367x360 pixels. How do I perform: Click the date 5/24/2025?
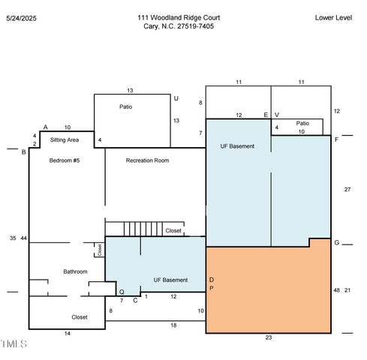tap(21, 18)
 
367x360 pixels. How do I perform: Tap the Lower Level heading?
tap(333, 18)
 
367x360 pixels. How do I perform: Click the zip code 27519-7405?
tap(195, 26)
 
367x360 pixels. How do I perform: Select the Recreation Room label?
tap(147, 160)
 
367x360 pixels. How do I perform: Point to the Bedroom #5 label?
tap(65, 160)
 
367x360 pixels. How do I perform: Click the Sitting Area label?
tap(65, 140)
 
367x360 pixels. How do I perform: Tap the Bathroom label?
tap(75, 271)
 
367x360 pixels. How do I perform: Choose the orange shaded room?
tap(268, 290)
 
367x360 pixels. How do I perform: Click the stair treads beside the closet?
tap(143, 229)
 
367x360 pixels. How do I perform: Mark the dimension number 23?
tap(269, 337)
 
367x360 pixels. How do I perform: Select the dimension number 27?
tap(347, 190)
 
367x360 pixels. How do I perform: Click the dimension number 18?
tap(173, 325)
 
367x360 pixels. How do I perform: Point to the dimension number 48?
tap(336, 290)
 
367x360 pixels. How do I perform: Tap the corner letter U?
tap(176, 98)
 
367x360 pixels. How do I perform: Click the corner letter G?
tap(337, 242)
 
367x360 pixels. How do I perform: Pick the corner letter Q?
tap(122, 292)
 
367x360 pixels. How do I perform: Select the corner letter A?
tap(45, 127)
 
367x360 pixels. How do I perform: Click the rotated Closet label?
tap(100, 250)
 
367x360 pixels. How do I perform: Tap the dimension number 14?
tap(68, 334)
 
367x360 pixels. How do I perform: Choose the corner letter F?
tap(336, 139)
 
